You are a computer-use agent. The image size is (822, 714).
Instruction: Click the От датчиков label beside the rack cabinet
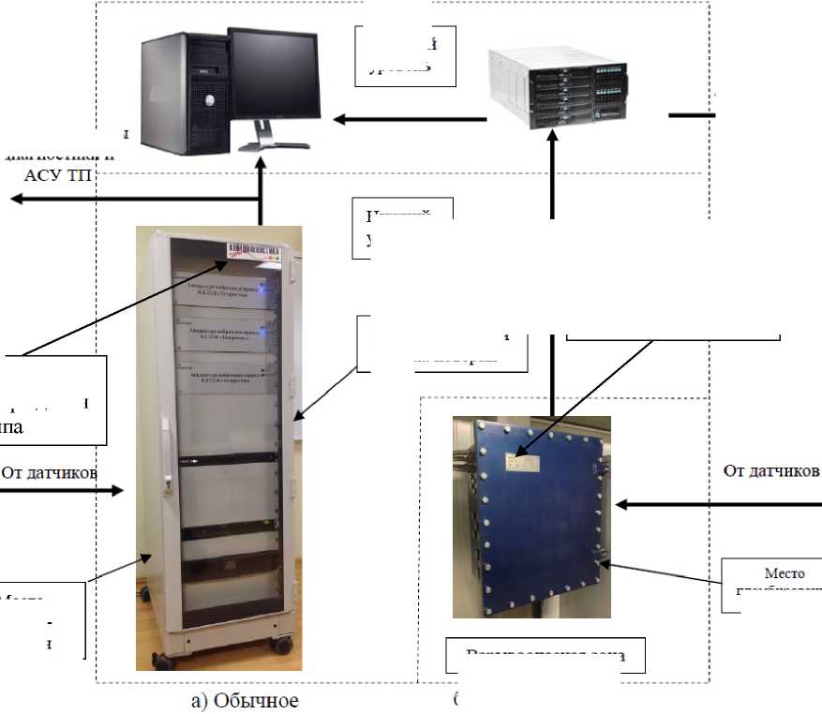tap(49, 472)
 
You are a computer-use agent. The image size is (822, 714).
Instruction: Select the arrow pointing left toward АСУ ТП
tap(131, 199)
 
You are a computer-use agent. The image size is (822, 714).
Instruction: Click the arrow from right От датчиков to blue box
tap(712, 505)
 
